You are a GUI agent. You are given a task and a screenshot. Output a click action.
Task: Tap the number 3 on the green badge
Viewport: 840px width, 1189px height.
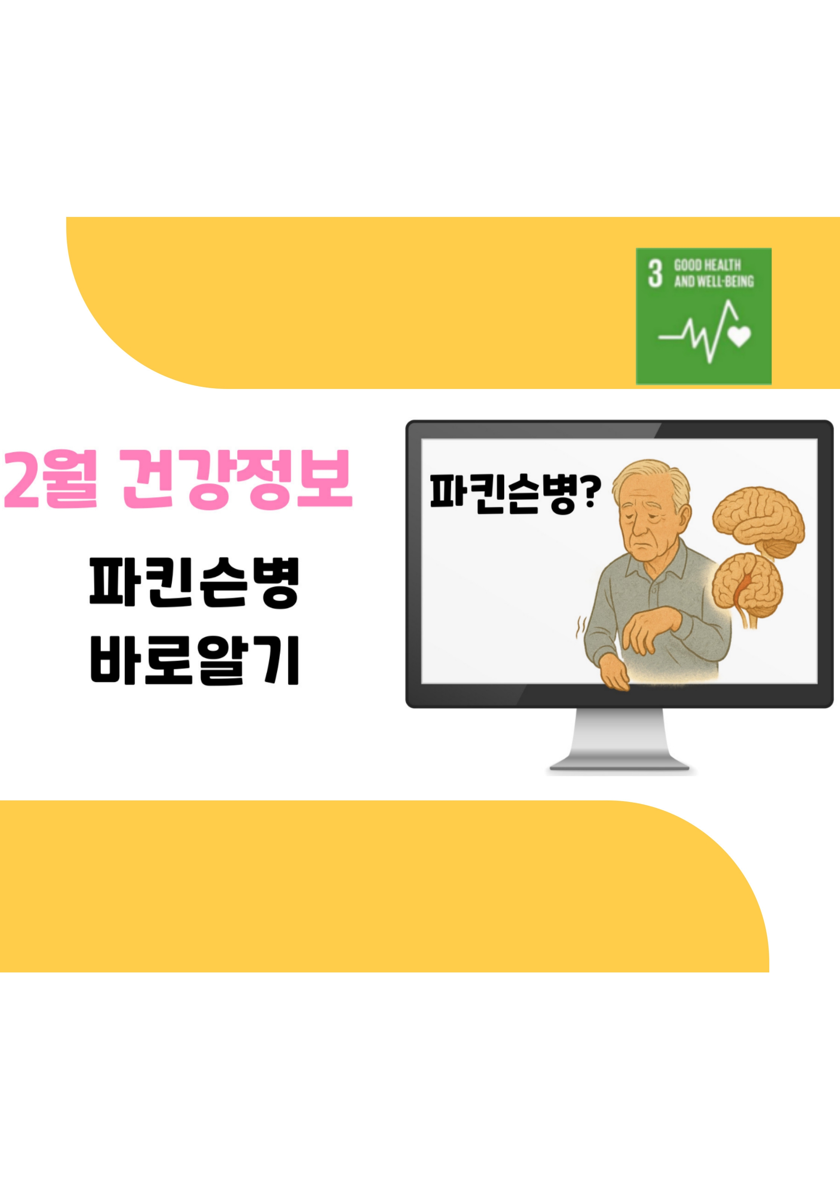point(655,273)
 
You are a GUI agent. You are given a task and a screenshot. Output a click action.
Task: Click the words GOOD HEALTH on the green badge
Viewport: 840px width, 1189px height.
point(707,266)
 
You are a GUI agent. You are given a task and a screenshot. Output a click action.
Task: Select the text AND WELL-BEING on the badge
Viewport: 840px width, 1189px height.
point(714,282)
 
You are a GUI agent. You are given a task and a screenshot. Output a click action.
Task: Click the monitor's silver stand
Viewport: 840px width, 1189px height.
point(619,741)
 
